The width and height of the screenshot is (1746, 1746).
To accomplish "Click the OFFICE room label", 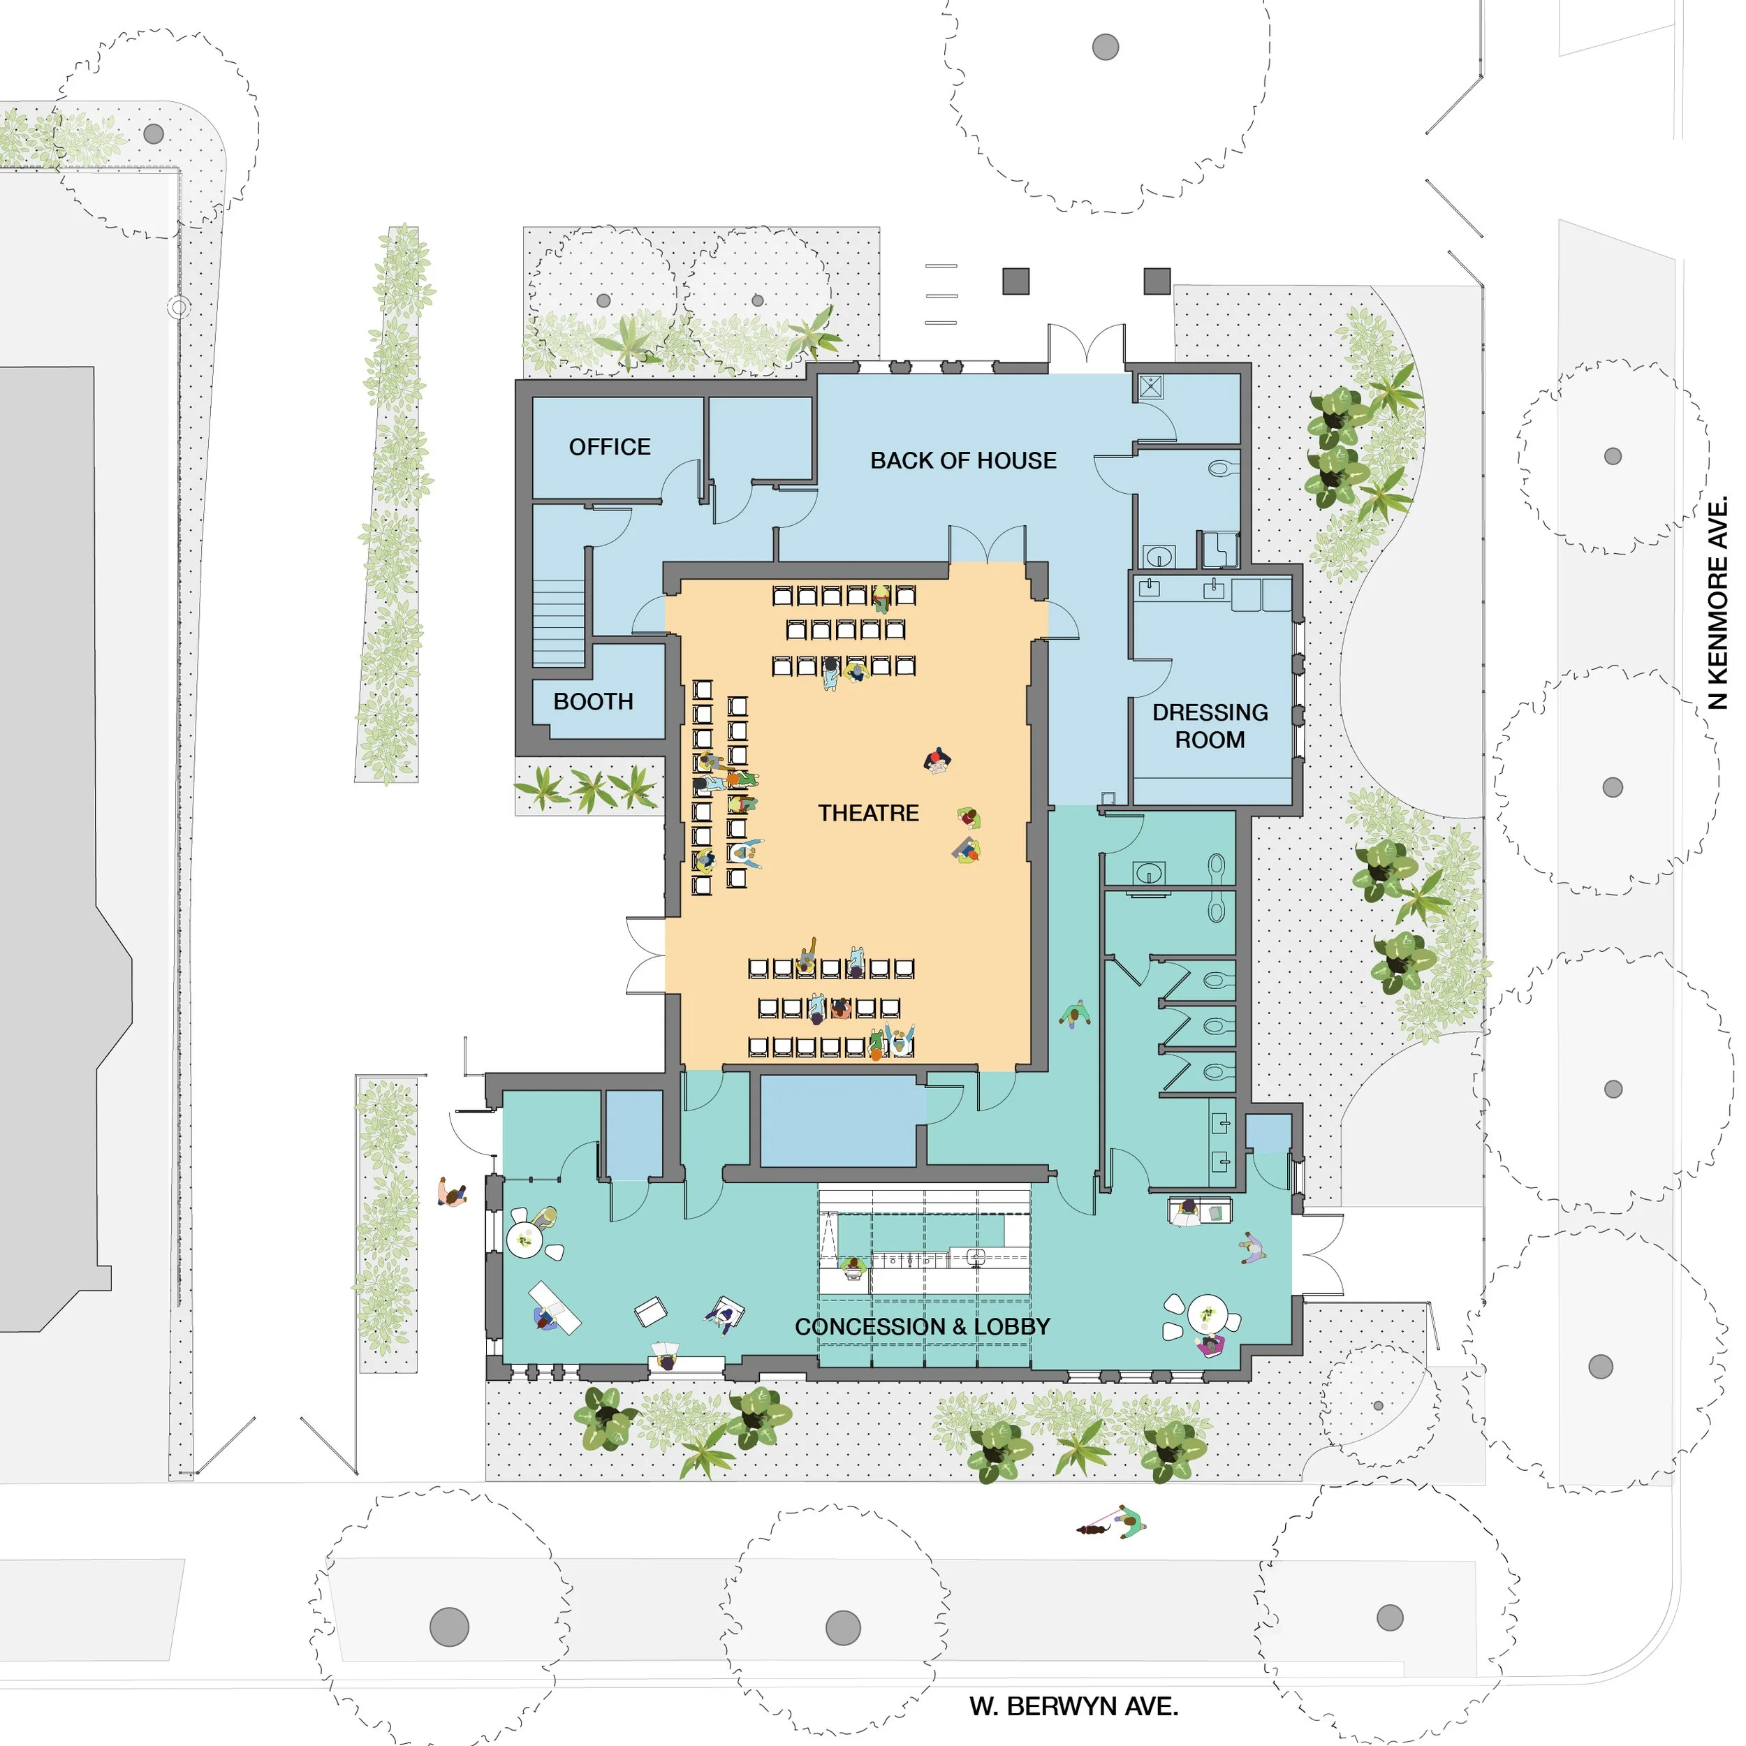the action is pyautogui.click(x=610, y=446).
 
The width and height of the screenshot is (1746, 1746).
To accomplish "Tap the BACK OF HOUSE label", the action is pyautogui.click(x=963, y=460).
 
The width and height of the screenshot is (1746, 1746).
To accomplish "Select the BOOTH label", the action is pyautogui.click(x=593, y=701).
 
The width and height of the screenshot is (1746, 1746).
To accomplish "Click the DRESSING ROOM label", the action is pyautogui.click(x=1210, y=726).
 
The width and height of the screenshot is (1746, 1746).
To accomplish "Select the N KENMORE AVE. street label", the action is pyautogui.click(x=1718, y=602).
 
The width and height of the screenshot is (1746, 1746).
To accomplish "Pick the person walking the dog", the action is pyautogui.click(x=1129, y=1522).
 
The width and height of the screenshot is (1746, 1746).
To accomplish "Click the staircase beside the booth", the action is pyautogui.click(x=559, y=623).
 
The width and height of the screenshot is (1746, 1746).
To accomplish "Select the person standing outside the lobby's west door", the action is pyautogui.click(x=452, y=1193).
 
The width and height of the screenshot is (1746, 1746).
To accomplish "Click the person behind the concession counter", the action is pyautogui.click(x=853, y=1266).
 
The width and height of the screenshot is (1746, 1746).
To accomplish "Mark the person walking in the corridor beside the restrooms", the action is pyautogui.click(x=1076, y=1014).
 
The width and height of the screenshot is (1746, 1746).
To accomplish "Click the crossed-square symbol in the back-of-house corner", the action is pyautogui.click(x=1150, y=387).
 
